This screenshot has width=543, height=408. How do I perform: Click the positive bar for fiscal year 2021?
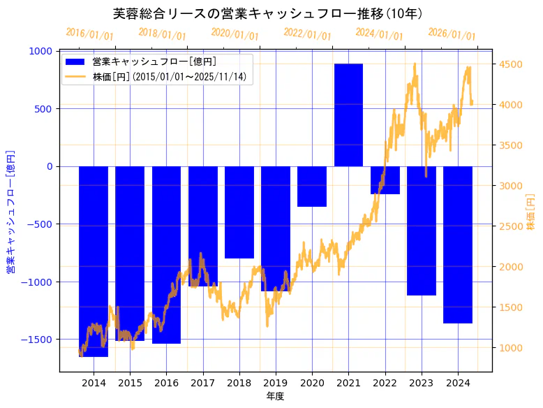[348, 115]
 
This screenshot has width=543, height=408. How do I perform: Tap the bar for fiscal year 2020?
[312, 186]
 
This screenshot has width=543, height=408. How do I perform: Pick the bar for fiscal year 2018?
[239, 212]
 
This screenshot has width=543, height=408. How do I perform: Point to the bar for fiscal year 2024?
[458, 245]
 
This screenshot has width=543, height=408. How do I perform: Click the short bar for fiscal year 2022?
[385, 180]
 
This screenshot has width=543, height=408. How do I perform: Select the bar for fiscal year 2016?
[166, 255]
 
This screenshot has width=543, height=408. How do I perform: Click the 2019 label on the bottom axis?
[276, 383]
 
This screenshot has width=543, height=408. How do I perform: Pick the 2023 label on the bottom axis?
[422, 383]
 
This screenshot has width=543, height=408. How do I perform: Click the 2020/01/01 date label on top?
[235, 34]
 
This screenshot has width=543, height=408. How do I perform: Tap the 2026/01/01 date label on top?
[452, 34]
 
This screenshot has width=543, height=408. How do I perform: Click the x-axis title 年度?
[275, 397]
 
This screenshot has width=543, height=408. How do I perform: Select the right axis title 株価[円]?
[530, 213]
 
